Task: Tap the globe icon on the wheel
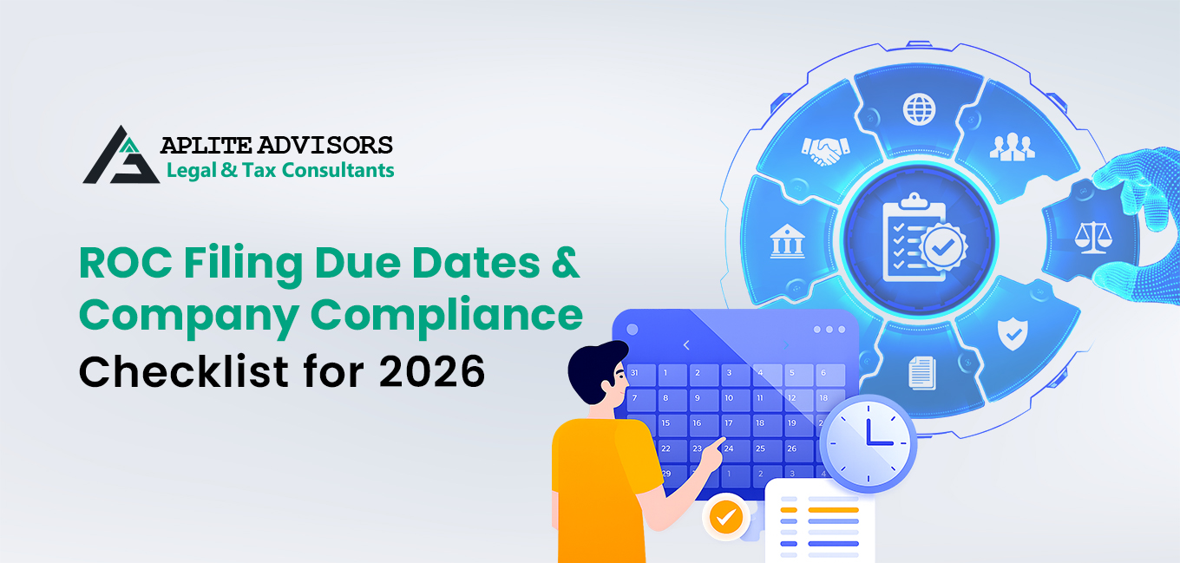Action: pos(919,110)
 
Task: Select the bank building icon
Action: pos(787,242)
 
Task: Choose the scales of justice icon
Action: pos(1091,236)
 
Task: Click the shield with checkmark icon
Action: pos(1012,333)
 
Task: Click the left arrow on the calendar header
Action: pos(686,345)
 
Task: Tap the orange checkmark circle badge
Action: pos(726,518)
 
